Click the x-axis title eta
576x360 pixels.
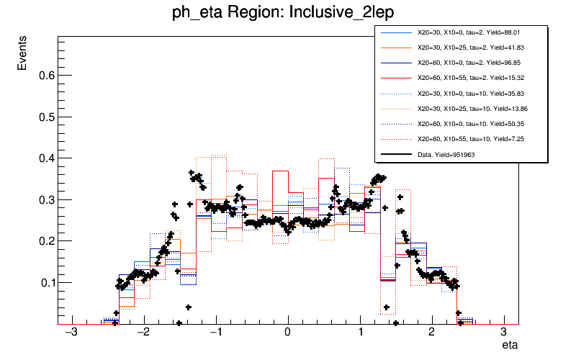coord(510,346)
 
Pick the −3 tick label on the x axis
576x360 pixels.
coord(71,333)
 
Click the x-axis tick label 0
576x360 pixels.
coord(288,333)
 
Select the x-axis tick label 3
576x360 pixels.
coord(503,333)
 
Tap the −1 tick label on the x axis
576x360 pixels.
coord(215,333)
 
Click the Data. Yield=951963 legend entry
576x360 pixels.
coord(446,154)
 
